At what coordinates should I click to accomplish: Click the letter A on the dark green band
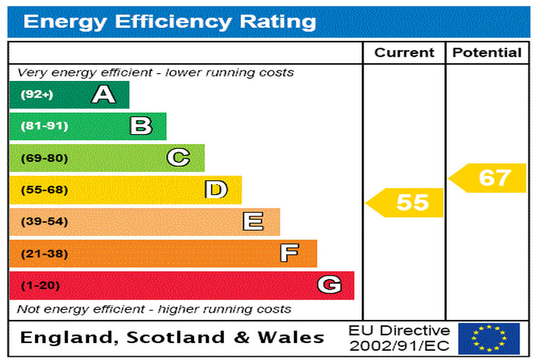[103, 95]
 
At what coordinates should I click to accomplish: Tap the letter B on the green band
[141, 126]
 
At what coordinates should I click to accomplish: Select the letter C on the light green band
[178, 158]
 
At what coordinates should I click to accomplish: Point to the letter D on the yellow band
[216, 190]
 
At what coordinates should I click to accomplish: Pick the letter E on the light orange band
[253, 222]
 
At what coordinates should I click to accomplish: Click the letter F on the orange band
[290, 253]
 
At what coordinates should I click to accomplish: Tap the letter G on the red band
[329, 285]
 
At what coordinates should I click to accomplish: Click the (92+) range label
[36, 95]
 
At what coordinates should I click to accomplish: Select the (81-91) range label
[44, 126]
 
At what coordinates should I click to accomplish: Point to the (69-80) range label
[44, 158]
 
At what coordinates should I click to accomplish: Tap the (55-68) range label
[44, 190]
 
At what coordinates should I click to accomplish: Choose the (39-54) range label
[44, 222]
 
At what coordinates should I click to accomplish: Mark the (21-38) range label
[44, 253]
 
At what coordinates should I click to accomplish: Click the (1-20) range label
[40, 286]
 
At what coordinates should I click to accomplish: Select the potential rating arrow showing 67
[489, 178]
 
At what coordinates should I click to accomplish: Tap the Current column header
[404, 53]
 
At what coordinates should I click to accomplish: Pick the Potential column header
[487, 53]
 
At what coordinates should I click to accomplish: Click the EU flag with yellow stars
[489, 338]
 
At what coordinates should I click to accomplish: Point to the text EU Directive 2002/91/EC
[399, 338]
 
